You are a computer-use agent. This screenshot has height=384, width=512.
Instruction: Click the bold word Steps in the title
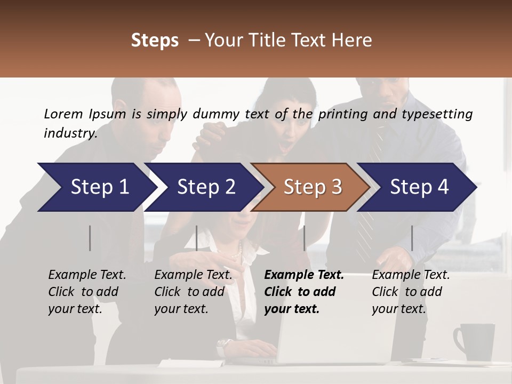pyautogui.click(x=155, y=41)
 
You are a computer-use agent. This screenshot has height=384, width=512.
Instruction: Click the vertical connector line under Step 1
pyautogui.click(x=90, y=238)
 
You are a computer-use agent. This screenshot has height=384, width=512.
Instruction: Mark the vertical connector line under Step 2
pyautogui.click(x=197, y=238)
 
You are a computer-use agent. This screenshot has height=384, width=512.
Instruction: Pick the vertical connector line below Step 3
pyautogui.click(x=305, y=238)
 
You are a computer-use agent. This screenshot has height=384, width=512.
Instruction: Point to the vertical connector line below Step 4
pyautogui.click(x=412, y=238)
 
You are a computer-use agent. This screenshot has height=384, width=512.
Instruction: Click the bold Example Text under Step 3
pyautogui.click(x=304, y=275)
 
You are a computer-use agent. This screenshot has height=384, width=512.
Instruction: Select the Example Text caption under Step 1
pyautogui.click(x=87, y=275)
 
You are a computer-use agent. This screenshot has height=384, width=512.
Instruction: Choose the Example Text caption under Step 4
pyautogui.click(x=411, y=275)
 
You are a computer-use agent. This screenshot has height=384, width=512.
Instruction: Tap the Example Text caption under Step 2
pyautogui.click(x=193, y=275)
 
